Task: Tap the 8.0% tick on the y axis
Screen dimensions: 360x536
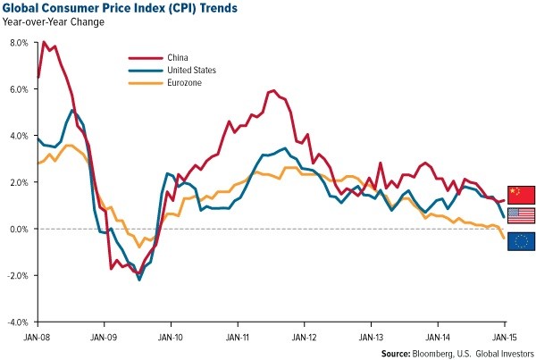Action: coord(17,43)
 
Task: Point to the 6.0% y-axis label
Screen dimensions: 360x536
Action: coord(17,89)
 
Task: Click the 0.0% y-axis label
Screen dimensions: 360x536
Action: coord(17,229)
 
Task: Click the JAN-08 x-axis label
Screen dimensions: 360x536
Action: coord(38,337)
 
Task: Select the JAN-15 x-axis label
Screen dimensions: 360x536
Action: coord(505,337)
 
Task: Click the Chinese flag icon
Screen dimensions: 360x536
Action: coord(521,194)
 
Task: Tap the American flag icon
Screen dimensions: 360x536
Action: coord(521,215)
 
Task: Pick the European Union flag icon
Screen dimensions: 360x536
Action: coord(521,239)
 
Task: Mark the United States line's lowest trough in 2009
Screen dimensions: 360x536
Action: coord(139,280)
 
